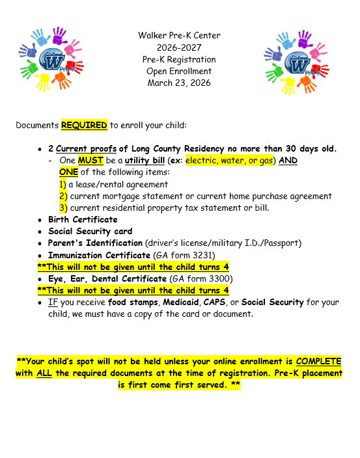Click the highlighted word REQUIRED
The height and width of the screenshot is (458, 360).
click(84, 124)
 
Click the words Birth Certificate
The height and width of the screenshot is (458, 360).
click(83, 220)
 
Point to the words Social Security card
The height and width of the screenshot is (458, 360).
click(90, 232)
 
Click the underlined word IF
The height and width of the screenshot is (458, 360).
click(53, 303)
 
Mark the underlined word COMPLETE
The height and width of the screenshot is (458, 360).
click(318, 361)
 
